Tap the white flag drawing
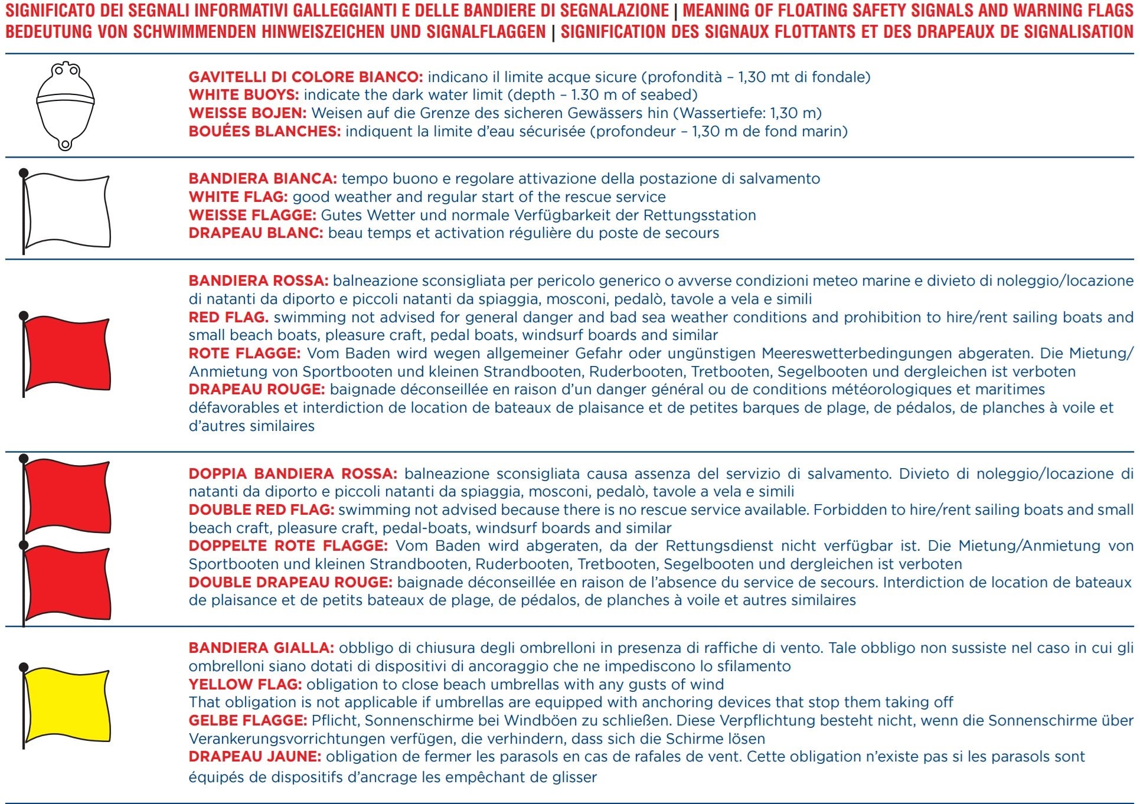(67, 210)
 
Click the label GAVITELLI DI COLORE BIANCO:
(305, 77)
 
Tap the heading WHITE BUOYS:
(243, 95)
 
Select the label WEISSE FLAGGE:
(252, 215)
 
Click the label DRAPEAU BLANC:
(256, 233)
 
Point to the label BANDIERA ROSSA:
(258, 281)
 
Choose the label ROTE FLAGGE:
(244, 354)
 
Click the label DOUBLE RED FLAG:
(261, 510)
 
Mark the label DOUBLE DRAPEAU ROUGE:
(290, 583)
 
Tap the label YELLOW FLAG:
(245, 685)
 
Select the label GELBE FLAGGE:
(247, 721)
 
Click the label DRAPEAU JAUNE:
(254, 757)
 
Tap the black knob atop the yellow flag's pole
(24, 668)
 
